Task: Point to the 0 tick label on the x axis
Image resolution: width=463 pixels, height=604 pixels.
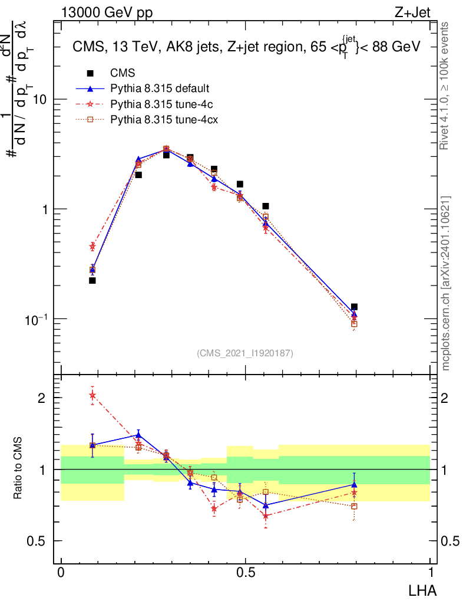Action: pos(61,573)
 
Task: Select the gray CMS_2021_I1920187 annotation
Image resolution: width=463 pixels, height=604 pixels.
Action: pos(245,353)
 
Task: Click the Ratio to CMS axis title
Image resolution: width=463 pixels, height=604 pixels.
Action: pos(18,469)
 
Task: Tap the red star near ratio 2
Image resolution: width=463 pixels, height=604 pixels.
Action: pos(92,395)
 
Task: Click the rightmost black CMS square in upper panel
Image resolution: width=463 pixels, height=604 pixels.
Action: pos(354,307)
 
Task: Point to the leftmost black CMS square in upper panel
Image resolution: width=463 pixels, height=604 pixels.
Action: pos(92,280)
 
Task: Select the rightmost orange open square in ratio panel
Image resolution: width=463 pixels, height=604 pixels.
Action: pos(354,506)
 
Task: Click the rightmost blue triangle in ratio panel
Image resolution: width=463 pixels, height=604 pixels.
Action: pos(354,484)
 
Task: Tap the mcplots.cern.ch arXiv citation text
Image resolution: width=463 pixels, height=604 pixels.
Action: pos(446,283)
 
